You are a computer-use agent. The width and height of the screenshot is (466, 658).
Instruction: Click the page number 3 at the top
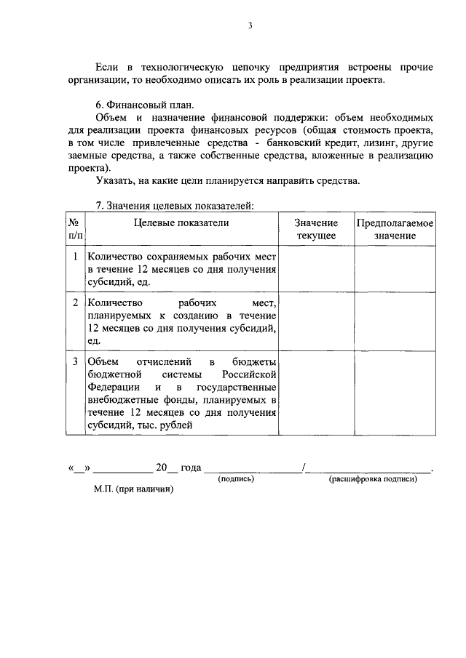[x=250, y=26]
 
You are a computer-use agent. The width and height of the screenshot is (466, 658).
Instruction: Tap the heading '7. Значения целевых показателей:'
[x=174, y=206]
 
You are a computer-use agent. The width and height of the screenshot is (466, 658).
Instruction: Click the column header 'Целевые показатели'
[x=181, y=222]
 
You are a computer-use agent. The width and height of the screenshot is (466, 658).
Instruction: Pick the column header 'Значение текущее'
[x=316, y=229]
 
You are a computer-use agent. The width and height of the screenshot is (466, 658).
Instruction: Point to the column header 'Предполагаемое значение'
[x=395, y=229]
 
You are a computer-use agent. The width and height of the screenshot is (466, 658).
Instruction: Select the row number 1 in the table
[x=75, y=257]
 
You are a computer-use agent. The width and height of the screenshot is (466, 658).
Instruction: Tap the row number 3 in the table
[x=75, y=361]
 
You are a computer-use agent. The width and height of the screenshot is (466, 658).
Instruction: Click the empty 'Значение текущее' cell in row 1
[x=316, y=268]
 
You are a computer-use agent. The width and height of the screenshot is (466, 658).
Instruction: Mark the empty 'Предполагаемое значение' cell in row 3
[x=395, y=393]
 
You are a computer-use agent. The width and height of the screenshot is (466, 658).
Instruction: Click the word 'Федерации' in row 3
[x=109, y=388]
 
